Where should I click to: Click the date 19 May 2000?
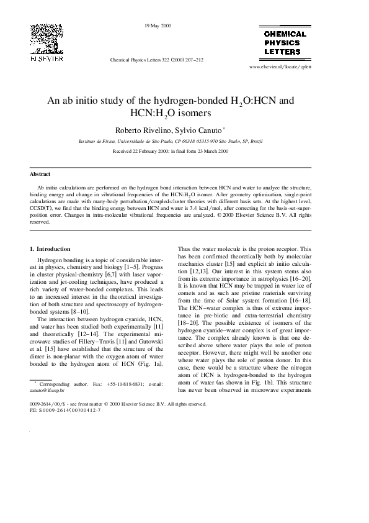158,25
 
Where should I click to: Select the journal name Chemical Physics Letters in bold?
285,43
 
